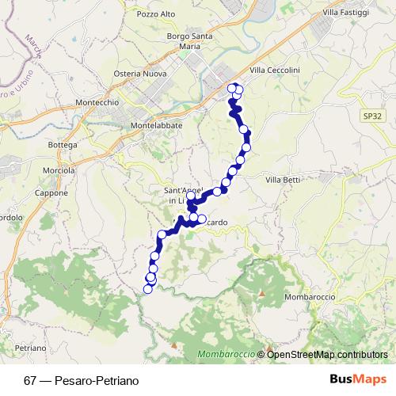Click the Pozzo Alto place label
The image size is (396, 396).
(156, 13)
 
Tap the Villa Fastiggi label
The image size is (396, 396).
(347, 13)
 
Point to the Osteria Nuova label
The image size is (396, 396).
(139, 74)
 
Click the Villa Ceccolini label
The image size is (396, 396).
(275, 70)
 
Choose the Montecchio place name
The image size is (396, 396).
(96, 103)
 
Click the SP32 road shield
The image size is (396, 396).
(372, 116)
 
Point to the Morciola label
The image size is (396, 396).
(59, 170)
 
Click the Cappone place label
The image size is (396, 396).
(52, 193)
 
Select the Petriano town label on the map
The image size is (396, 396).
(30, 348)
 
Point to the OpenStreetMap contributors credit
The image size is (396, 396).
(327, 354)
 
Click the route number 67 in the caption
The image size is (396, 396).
(30, 380)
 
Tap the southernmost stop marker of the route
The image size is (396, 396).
(147, 289)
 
